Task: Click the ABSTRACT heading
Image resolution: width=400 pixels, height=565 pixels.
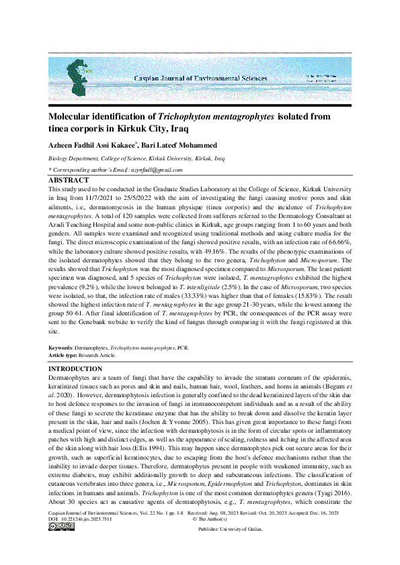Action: pyautogui.click(x=68, y=181)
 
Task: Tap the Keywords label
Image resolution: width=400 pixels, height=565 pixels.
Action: pyautogui.click(x=60, y=348)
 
